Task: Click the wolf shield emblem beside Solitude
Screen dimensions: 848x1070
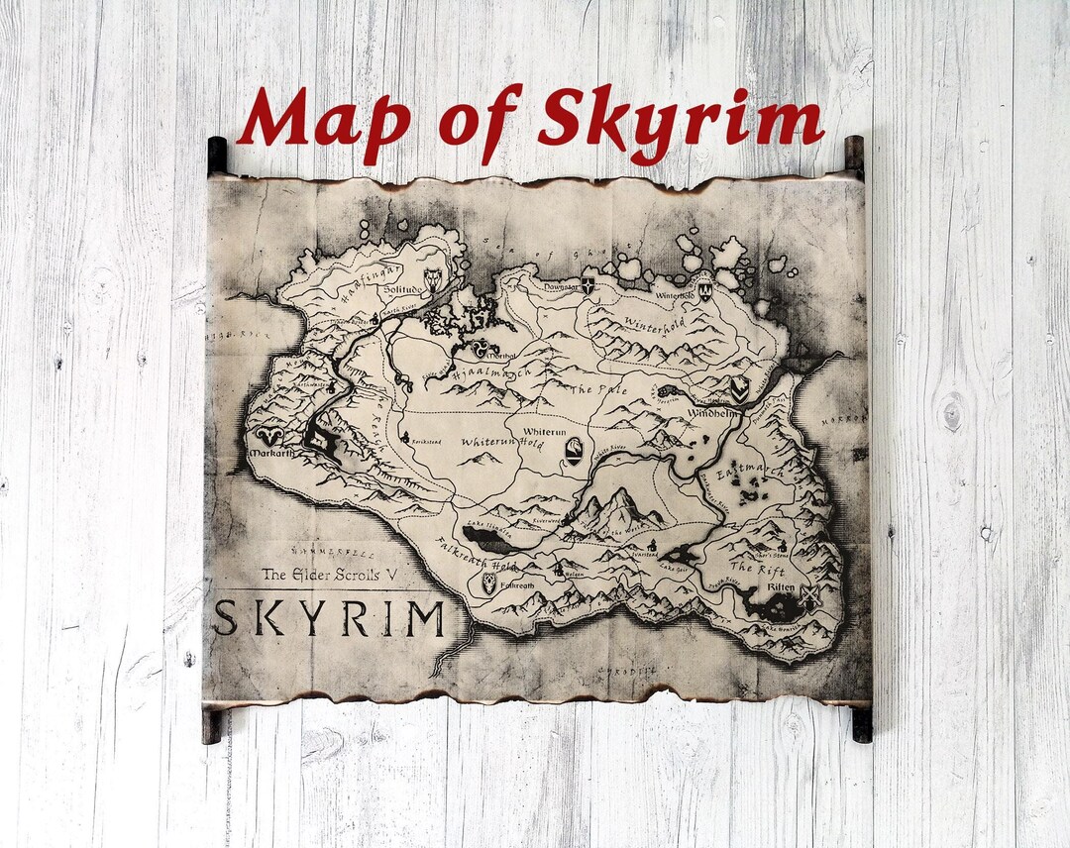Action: (433, 279)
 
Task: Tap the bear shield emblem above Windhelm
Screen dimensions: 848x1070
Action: (739, 387)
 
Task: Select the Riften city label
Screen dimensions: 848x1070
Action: (781, 587)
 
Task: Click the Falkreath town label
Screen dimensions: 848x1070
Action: (517, 585)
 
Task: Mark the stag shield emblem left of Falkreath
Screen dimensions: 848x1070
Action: (489, 583)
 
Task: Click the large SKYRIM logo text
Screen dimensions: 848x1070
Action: (328, 618)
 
